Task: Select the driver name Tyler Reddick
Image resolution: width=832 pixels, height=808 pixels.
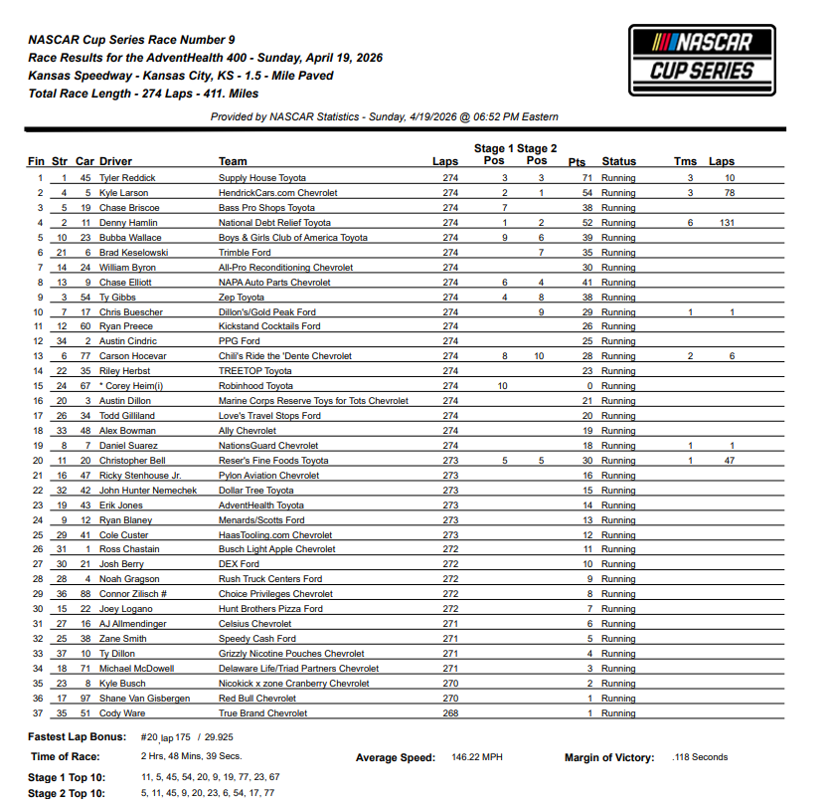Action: [x=127, y=178]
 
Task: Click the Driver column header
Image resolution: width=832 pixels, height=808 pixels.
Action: [x=115, y=161]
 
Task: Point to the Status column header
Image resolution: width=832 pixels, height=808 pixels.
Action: [x=618, y=161]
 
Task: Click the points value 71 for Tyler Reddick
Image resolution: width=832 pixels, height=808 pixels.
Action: [x=586, y=178]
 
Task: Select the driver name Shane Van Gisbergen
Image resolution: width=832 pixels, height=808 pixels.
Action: [x=144, y=699]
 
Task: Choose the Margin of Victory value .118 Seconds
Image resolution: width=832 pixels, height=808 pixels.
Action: [x=700, y=757]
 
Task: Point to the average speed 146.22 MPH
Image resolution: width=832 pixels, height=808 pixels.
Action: [x=476, y=757]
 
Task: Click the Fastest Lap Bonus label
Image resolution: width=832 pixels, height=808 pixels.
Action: [x=78, y=737]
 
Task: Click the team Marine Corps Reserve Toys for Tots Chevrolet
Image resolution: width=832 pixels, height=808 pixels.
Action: [x=313, y=401]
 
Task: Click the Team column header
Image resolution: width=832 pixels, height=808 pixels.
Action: [x=233, y=161]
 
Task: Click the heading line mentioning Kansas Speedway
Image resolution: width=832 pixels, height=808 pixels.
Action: [x=181, y=76]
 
